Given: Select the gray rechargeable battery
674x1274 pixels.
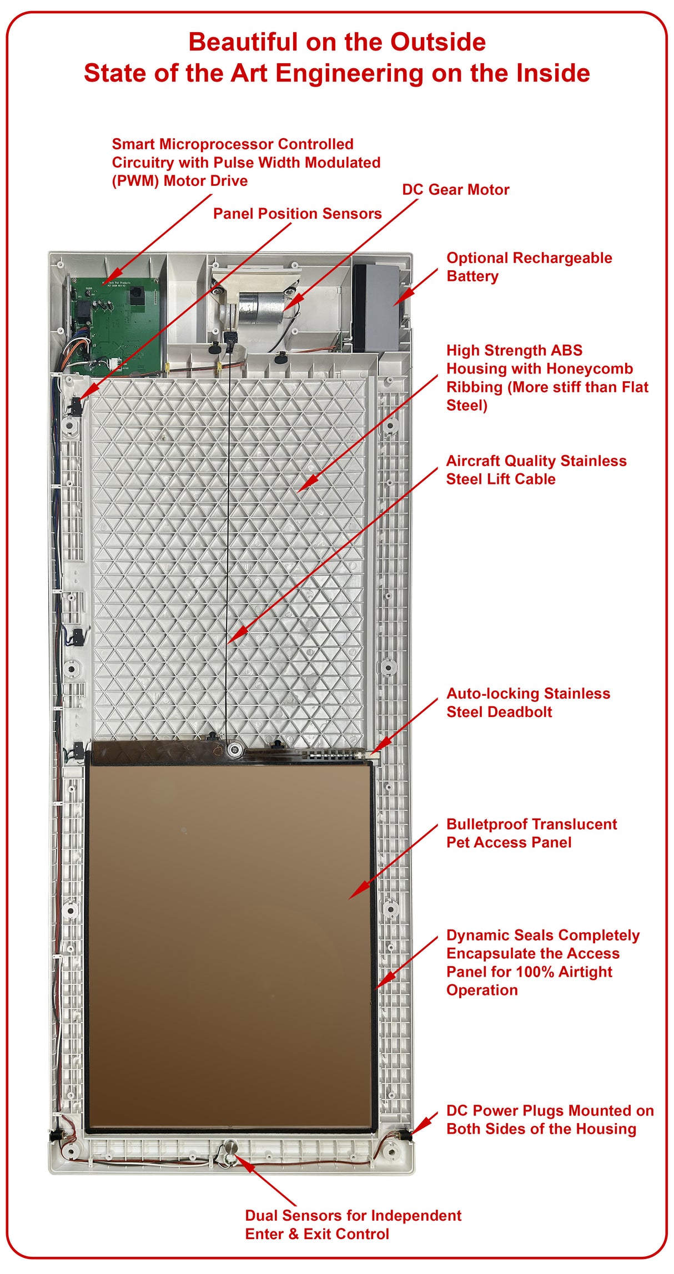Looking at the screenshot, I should click(378, 308).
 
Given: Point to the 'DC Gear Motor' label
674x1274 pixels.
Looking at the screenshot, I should click(455, 190).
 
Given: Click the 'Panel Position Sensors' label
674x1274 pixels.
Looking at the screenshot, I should click(297, 214).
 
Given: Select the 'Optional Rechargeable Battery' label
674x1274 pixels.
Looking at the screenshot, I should click(529, 267).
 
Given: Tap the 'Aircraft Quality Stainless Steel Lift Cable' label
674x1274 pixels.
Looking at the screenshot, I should click(536, 470).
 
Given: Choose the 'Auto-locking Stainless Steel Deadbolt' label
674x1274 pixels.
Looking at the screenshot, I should click(528, 702).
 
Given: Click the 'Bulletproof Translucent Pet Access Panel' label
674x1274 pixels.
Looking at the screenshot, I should click(531, 833).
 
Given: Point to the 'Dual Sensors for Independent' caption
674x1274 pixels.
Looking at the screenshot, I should click(353, 1215).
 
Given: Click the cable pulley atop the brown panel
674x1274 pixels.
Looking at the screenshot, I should click(234, 750).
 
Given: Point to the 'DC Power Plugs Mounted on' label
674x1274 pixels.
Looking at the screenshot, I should click(550, 1110).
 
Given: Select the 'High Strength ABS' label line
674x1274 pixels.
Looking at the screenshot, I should click(514, 351).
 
